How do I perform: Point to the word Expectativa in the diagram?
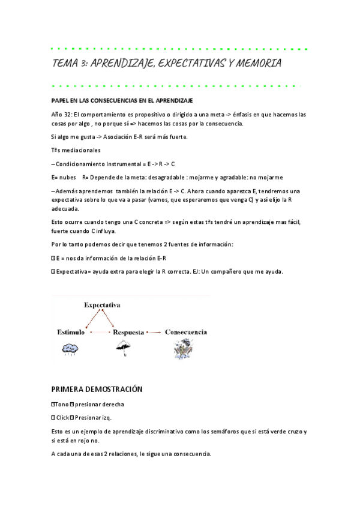(102, 305)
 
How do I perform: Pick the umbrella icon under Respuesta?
(124, 347)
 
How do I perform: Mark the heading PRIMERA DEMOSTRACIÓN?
(97, 389)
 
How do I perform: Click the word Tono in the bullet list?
(62, 404)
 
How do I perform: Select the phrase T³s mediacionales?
(76, 150)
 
